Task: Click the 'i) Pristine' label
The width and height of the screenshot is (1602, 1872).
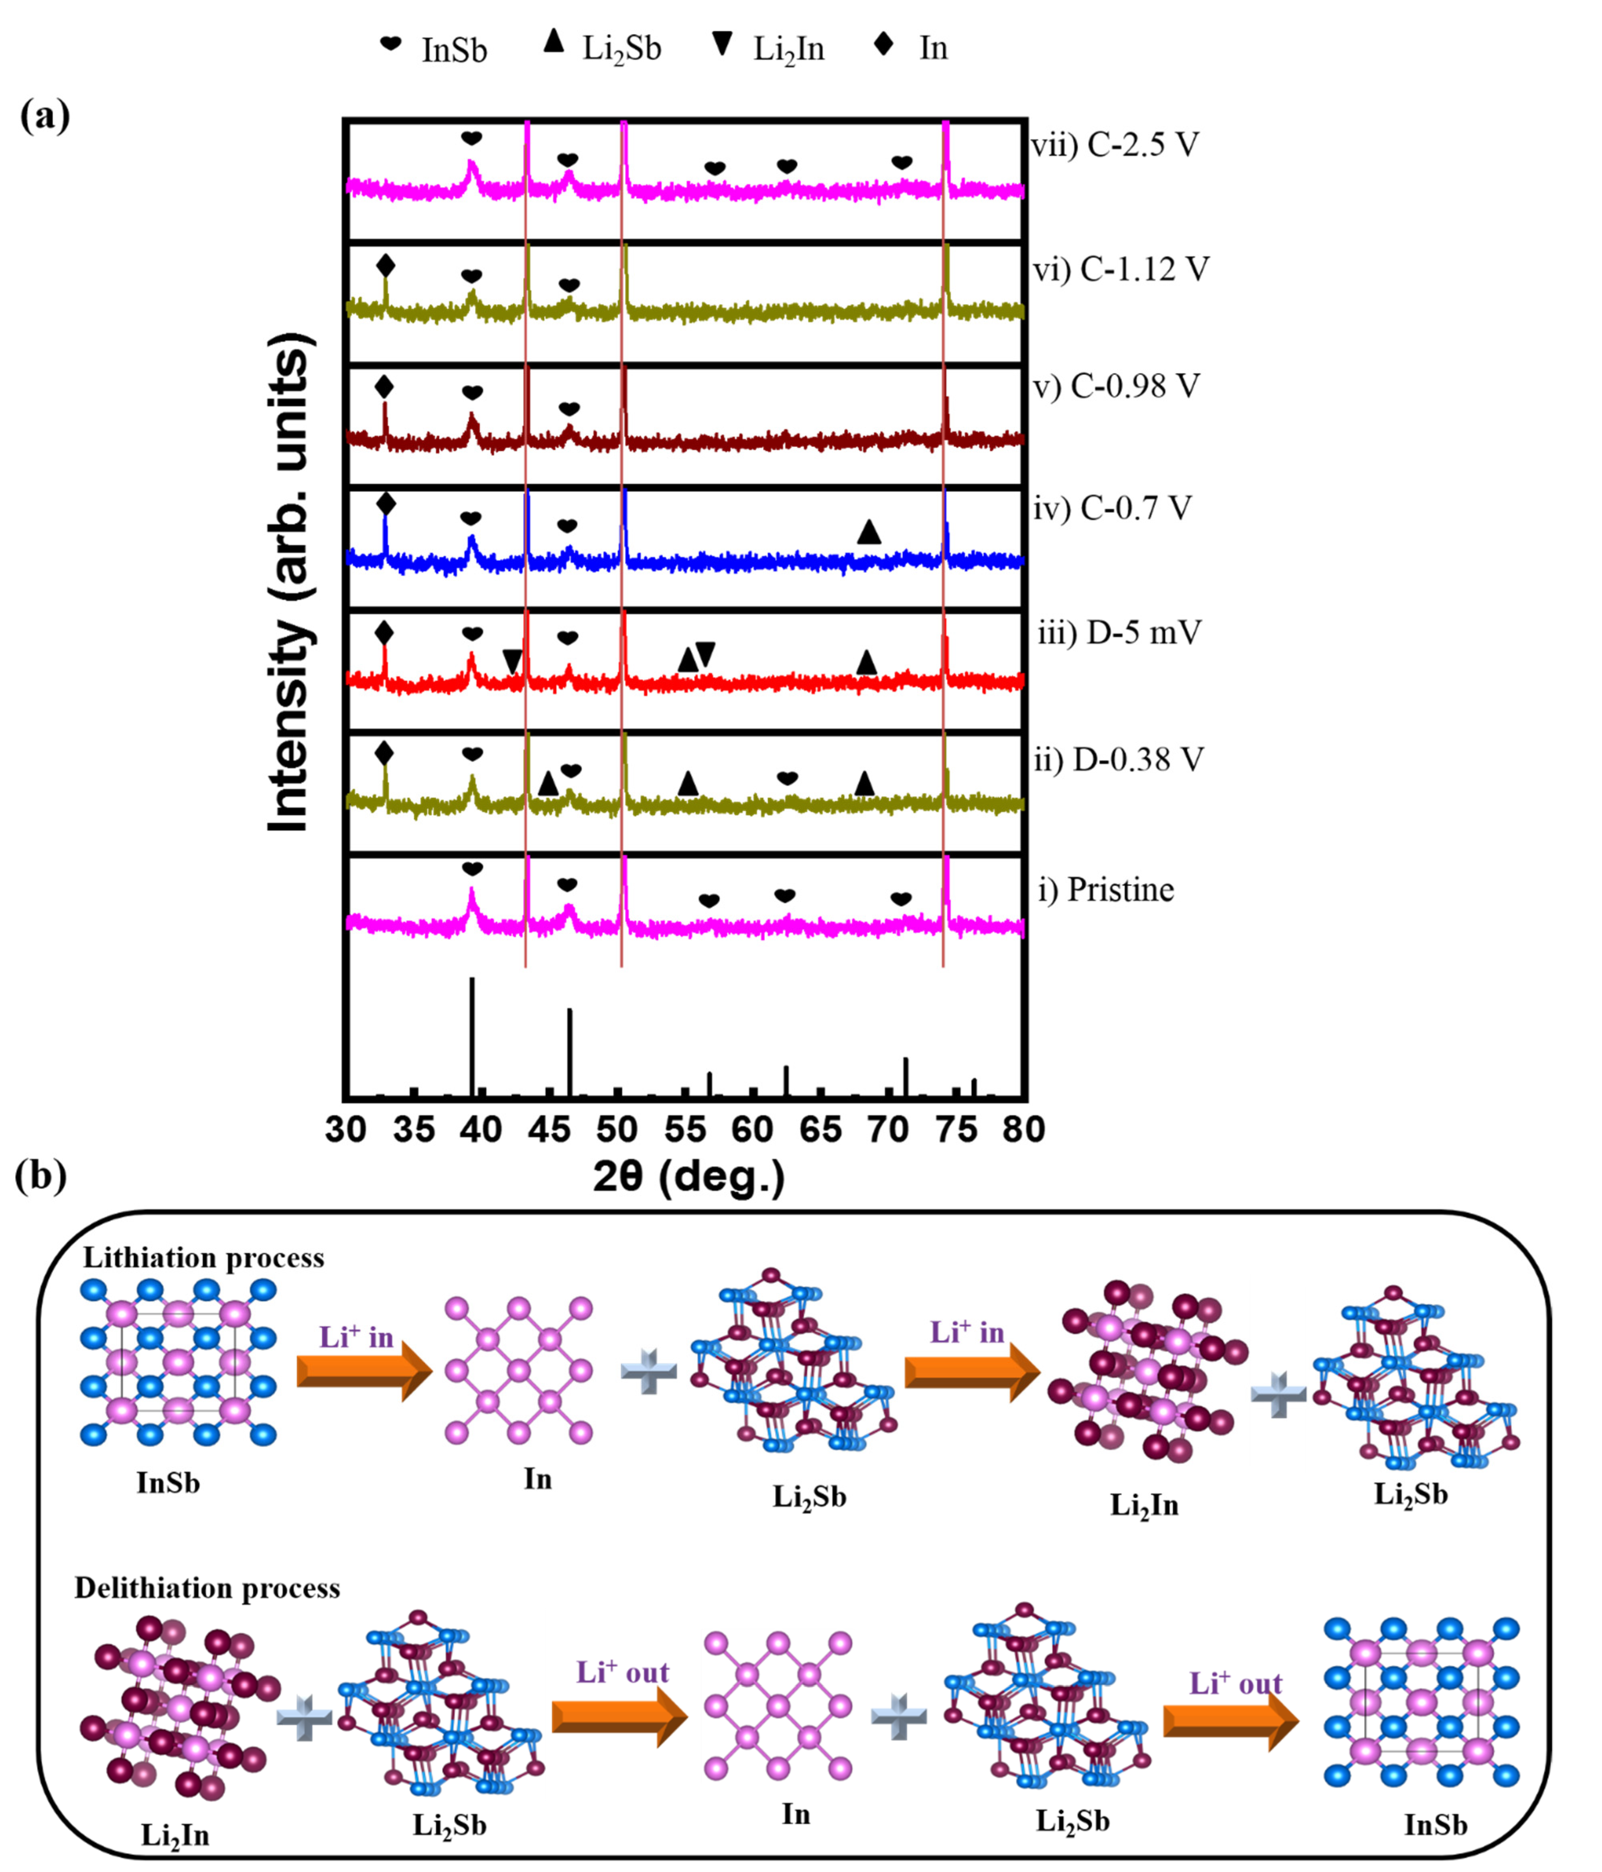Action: click(1106, 890)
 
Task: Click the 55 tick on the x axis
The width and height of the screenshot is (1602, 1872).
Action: click(685, 1129)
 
